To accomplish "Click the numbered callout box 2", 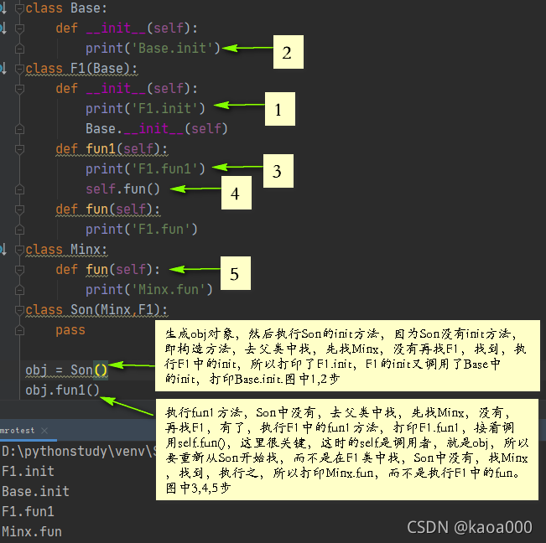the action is (x=286, y=53).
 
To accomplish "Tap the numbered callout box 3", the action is (x=276, y=173).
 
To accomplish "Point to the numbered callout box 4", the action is (x=236, y=193).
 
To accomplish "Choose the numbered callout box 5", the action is (x=234, y=274).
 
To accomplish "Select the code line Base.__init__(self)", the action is (x=156, y=128).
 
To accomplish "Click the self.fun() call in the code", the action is (x=122, y=189).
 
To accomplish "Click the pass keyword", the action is (x=70, y=330).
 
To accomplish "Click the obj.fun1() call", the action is (x=62, y=390).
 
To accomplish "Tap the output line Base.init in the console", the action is (x=35, y=491).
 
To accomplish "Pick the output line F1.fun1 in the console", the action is (x=28, y=510).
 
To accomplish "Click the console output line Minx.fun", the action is (x=32, y=530).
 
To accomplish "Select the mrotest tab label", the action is (x=18, y=430).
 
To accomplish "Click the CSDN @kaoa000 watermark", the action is (x=469, y=526).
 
